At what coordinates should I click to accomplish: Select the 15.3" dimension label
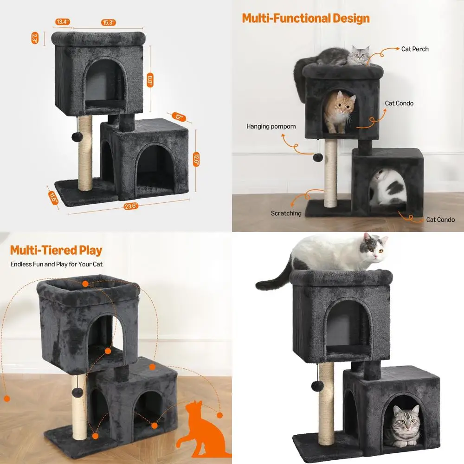pos(109,22)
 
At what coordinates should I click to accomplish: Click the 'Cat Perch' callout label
pos(415,49)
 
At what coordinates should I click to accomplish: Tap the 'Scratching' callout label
pos(286,213)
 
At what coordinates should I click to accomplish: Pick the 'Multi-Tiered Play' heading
pos(56,251)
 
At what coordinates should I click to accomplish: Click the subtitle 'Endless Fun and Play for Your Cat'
pos(57,264)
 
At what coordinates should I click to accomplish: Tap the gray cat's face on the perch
pos(359,55)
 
